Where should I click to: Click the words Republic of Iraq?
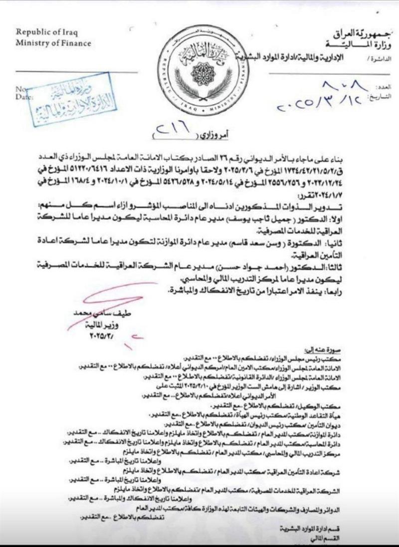[46, 32]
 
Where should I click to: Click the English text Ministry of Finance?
[53, 43]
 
